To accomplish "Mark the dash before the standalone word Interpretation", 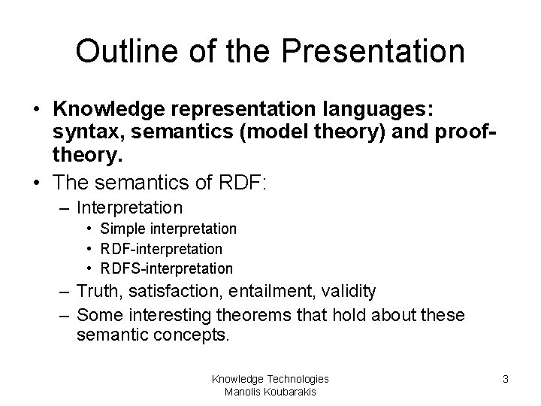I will [x=66, y=207].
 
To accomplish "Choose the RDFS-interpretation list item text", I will [x=167, y=268].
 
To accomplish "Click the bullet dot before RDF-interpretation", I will [x=89, y=248].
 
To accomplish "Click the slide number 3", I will [x=506, y=380].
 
